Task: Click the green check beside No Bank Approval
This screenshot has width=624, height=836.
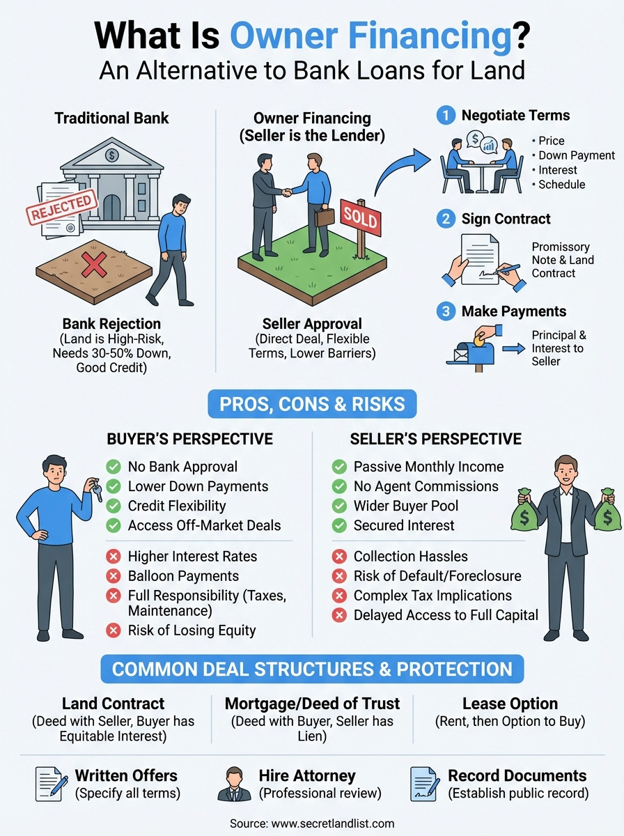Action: click(x=112, y=467)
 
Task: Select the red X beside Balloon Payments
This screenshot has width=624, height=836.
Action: click(x=112, y=576)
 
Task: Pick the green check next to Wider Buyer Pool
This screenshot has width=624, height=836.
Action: click(x=339, y=506)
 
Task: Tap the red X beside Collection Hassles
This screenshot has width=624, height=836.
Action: click(x=339, y=557)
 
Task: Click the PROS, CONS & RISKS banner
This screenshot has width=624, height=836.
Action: click(x=311, y=404)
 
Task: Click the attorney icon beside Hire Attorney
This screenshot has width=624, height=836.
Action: click(x=234, y=783)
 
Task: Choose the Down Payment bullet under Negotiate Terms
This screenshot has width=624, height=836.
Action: click(x=577, y=155)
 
